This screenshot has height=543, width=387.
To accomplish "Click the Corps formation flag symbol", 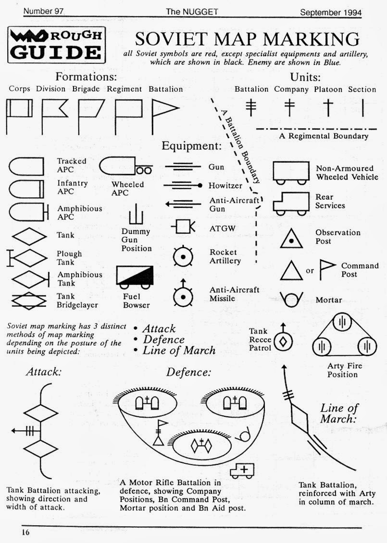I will pyautogui.click(x=19, y=116).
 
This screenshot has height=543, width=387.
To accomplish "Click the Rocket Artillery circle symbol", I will pyautogui.click(x=183, y=257).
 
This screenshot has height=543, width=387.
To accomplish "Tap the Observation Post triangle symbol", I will pyautogui.click(x=291, y=238).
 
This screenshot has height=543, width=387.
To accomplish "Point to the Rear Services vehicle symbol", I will pyautogui.click(x=291, y=204).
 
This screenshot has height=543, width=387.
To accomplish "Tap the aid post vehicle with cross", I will pyautogui.click(x=242, y=471).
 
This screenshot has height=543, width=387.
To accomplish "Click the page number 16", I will pyautogui.click(x=25, y=532).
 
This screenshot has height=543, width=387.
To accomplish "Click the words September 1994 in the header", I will pyautogui.click(x=330, y=12).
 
